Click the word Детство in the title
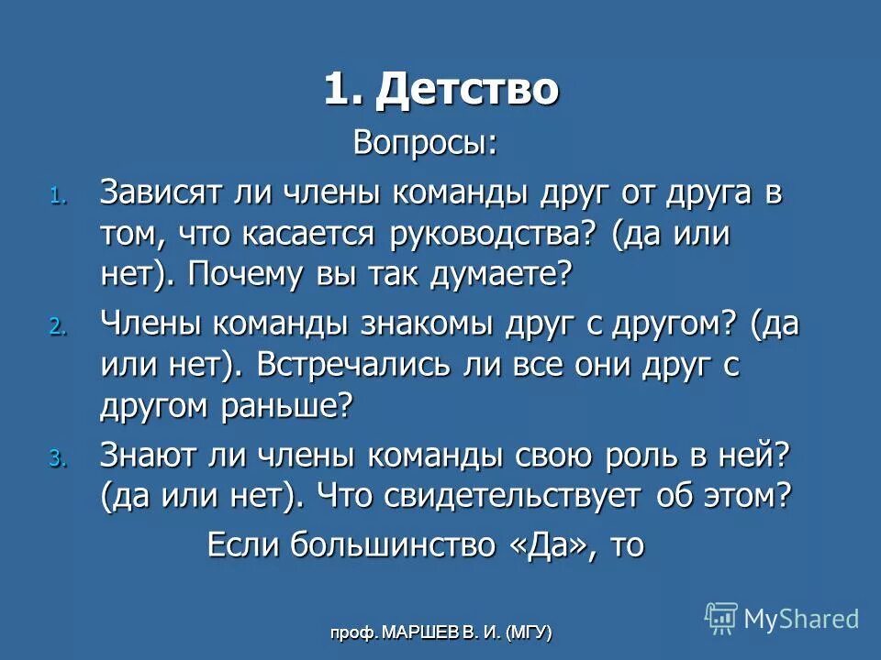467,90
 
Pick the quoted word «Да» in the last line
546,544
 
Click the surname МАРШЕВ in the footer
418,632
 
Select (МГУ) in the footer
524,632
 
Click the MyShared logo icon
721,618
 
